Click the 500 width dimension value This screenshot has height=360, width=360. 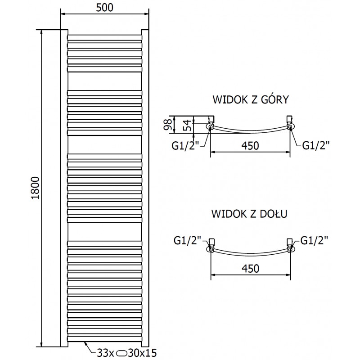point(105,7)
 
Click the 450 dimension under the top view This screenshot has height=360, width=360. point(250,146)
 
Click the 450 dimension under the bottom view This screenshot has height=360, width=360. point(250,268)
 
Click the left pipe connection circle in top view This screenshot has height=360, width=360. point(210,127)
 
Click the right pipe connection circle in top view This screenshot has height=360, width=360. point(290,127)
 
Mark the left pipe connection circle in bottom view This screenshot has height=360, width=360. point(210,249)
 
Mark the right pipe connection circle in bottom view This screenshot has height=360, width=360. point(290,249)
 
